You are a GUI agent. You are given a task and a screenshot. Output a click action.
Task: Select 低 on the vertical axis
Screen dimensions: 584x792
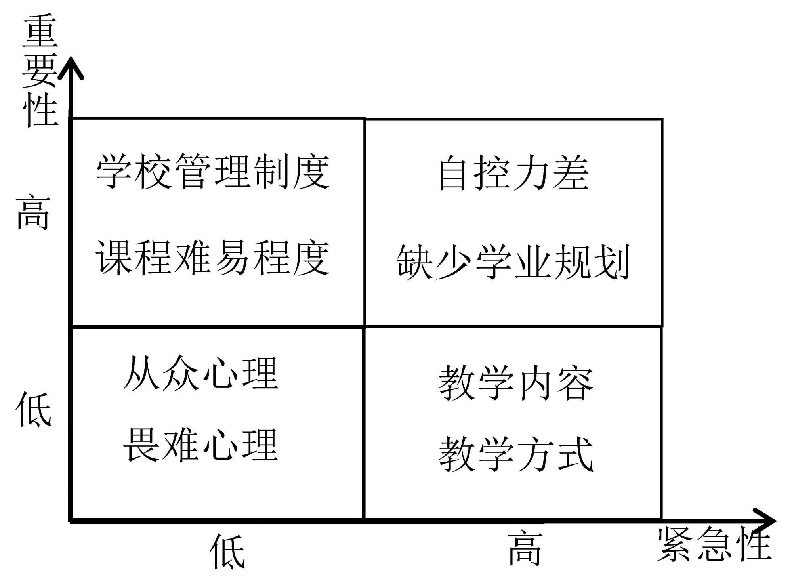pos(33,409)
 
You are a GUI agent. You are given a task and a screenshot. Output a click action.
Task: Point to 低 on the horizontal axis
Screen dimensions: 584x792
pos(227,551)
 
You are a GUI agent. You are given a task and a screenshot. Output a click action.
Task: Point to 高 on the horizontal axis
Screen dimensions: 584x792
pos(525,549)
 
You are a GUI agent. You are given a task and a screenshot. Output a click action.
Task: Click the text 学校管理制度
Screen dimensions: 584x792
pos(213,172)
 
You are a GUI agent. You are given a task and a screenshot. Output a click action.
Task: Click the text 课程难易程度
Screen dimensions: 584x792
pos(213,258)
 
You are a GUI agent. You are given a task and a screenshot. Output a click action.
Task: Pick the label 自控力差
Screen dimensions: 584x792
pos(513,173)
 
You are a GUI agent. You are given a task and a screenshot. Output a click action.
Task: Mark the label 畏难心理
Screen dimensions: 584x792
pos(201,445)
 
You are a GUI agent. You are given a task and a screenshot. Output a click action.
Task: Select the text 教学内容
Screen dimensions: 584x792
pos(516,383)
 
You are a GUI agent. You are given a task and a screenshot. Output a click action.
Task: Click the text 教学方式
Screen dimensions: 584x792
pos(516,454)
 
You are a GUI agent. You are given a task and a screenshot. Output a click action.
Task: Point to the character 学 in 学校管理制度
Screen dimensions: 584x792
pos(115,172)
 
